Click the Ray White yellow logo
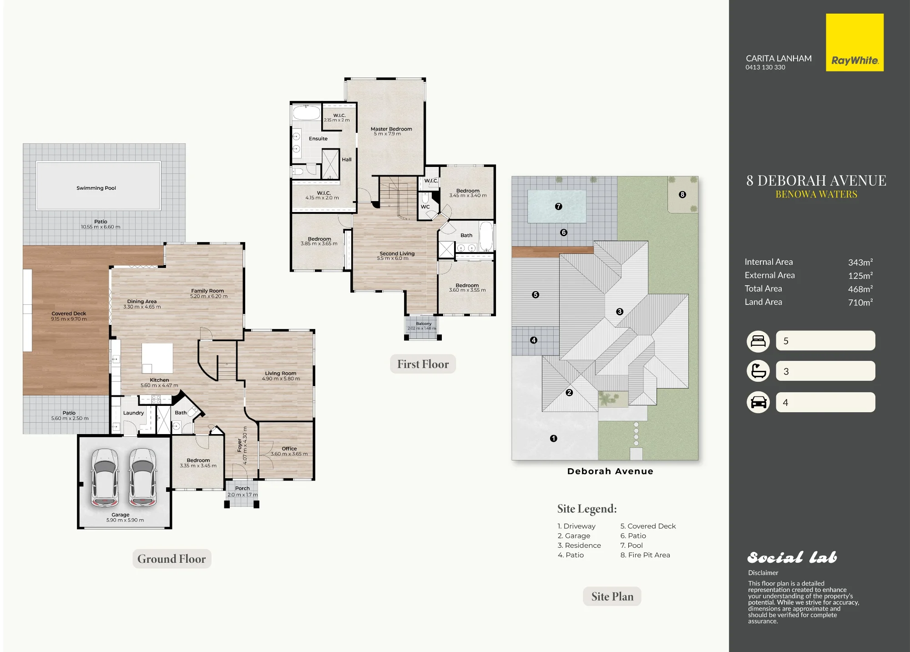tap(854, 42)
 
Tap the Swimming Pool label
tap(96, 188)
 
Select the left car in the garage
tap(105, 477)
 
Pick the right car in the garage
tap(143, 477)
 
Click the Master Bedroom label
tap(391, 129)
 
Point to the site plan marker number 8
tap(682, 194)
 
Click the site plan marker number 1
tap(553, 439)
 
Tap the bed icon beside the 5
tap(758, 341)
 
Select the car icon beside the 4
tap(758, 402)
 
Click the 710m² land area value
tap(860, 302)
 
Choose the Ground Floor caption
tap(172, 559)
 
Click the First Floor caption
tap(423, 364)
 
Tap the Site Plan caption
tap(612, 596)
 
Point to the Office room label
tap(289, 449)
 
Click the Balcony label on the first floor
tap(424, 323)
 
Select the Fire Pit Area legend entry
tap(645, 555)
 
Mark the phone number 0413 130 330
tap(765, 67)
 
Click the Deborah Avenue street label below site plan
tap(610, 471)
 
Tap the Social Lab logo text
tap(792, 557)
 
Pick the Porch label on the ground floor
tap(242, 489)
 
